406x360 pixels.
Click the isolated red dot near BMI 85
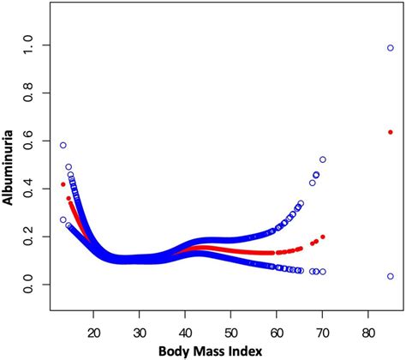[391, 132]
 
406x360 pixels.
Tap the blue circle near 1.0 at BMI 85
[391, 48]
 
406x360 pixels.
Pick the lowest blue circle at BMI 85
[391, 276]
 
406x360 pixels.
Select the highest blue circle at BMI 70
[323, 159]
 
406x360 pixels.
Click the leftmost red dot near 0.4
[63, 184]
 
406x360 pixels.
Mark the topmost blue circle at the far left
[63, 146]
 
